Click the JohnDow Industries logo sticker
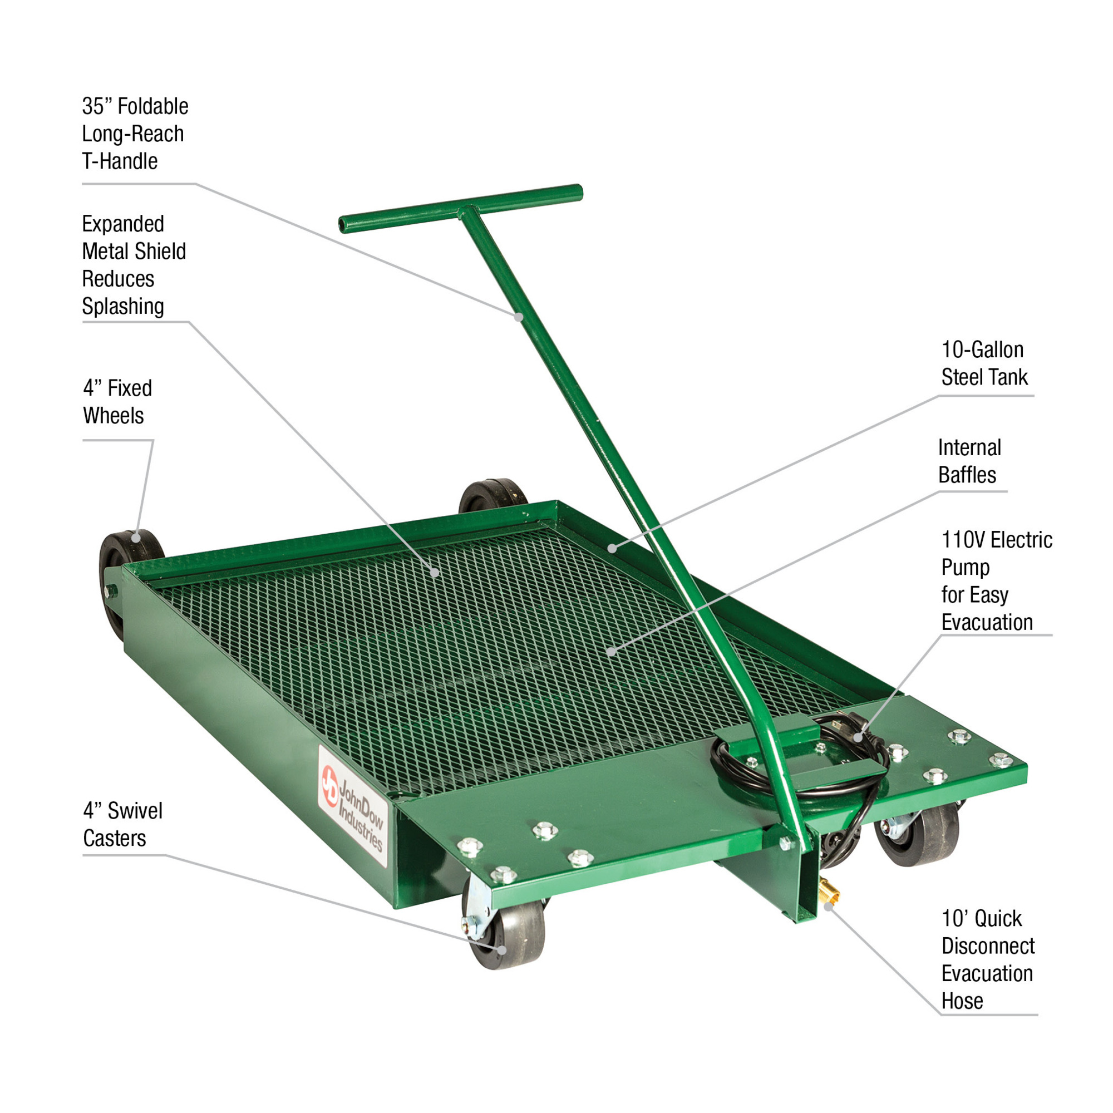tap(353, 806)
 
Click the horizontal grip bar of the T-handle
tap(461, 209)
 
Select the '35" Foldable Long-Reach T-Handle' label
tap(135, 134)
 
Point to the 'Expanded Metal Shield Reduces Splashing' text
tap(134, 265)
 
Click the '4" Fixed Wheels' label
tap(117, 402)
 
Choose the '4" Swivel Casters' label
tap(122, 824)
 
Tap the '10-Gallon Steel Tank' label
tap(984, 363)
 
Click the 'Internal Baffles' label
tap(969, 461)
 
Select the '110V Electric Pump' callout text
tap(997, 580)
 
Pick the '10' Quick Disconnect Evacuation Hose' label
tap(988, 959)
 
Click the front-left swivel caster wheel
tap(507, 934)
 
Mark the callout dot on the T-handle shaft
tap(519, 317)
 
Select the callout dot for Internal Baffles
tap(612, 652)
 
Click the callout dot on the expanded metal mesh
tap(436, 573)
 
